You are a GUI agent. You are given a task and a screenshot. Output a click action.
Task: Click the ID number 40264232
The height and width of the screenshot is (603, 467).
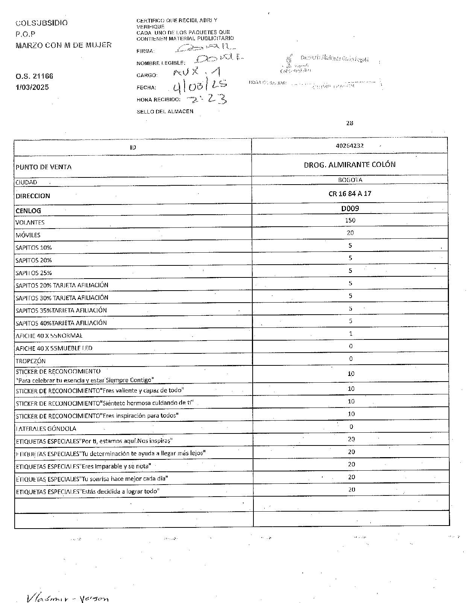[349, 146]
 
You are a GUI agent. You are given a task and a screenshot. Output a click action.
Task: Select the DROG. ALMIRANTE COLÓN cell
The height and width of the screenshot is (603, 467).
[349, 165]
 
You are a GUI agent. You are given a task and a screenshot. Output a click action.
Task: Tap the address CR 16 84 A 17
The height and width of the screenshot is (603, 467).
[350, 194]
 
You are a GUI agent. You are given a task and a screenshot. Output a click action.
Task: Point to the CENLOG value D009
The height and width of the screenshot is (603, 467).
[350, 208]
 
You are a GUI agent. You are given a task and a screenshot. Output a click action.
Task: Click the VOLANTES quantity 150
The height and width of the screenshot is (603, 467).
[350, 220]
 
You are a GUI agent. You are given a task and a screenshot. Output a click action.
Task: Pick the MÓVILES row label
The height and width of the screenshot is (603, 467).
[28, 235]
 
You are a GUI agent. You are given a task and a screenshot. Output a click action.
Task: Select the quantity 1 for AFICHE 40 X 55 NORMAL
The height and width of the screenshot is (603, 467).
[350, 333]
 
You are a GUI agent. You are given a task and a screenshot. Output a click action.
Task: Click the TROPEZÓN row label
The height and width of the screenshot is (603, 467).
[30, 361]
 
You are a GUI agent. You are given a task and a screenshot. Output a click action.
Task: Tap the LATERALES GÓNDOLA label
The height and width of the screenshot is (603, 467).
[46, 429]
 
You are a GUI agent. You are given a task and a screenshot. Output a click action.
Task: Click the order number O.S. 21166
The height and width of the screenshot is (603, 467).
[34, 76]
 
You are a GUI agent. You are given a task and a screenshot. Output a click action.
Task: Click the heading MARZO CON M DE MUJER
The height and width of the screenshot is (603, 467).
[64, 45]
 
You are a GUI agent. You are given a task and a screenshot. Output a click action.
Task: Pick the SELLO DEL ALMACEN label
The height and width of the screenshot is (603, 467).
[165, 112]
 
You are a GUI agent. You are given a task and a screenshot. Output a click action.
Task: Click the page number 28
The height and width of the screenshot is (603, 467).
[350, 123]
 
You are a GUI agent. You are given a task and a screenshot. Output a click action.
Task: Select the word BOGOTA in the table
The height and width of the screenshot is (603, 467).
[350, 180]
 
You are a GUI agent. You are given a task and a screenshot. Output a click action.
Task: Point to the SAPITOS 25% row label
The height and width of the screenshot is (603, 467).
[33, 273]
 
